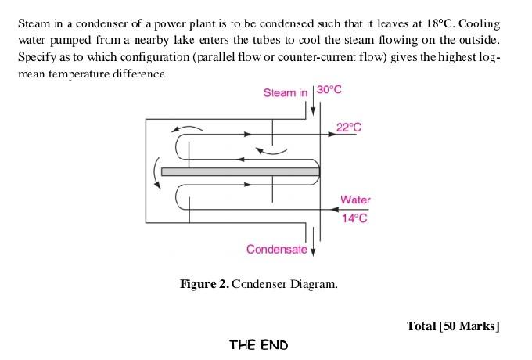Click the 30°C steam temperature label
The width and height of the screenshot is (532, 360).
(329, 90)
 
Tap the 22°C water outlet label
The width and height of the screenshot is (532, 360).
(348, 128)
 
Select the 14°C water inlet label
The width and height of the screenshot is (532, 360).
(354, 218)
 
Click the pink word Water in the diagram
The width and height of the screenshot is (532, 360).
(355, 200)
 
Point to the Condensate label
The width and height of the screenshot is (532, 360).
(276, 249)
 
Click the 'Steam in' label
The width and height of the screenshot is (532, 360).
(286, 92)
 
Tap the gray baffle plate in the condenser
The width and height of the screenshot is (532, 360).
(240, 171)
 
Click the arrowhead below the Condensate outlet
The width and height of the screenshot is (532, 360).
(313, 252)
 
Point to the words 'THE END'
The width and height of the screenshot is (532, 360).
(258, 344)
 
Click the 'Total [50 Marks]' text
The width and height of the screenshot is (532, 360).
(453, 326)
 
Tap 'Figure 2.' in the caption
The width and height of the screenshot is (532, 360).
(205, 283)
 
